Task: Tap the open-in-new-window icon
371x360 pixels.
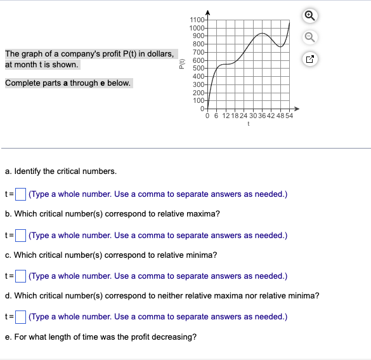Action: [x=310, y=60]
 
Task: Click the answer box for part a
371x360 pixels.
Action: [x=20, y=194]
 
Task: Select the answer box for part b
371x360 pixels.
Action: [x=20, y=236]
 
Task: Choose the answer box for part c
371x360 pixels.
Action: [x=20, y=276]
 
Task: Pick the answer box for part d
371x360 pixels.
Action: [x=20, y=317]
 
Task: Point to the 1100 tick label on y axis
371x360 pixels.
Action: [x=197, y=22]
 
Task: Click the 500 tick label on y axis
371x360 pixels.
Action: [x=198, y=68]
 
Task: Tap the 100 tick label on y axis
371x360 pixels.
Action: [x=198, y=100]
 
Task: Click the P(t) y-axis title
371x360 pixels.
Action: [x=182, y=64]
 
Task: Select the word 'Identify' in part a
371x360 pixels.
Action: [x=29, y=171]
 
